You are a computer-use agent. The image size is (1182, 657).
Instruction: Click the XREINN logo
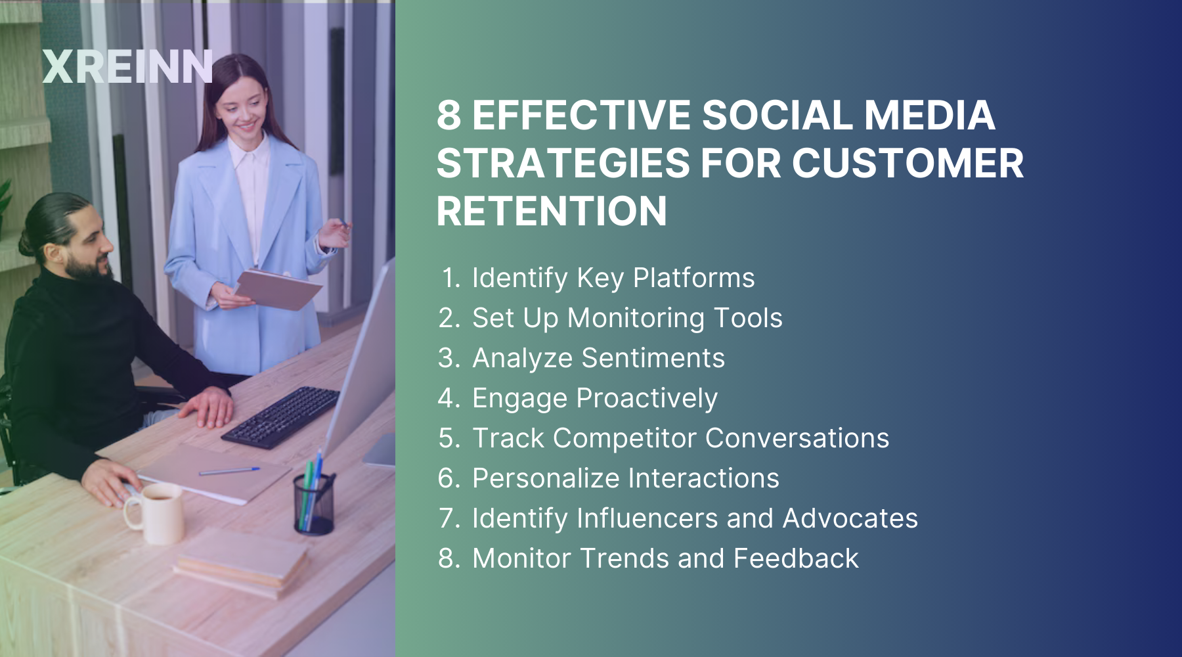[x=127, y=67]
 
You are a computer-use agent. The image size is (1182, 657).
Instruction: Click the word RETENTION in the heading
[x=552, y=212]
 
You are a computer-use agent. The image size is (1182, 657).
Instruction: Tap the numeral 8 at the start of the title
[x=449, y=116]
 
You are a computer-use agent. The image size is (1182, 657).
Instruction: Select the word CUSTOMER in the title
[x=908, y=164]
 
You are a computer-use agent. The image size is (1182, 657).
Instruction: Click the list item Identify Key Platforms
[x=613, y=278]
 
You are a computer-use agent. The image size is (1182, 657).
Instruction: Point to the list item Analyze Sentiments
[x=598, y=358]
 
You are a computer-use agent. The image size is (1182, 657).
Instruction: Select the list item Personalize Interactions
[x=625, y=478]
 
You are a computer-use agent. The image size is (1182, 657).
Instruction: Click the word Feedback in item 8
[x=796, y=558]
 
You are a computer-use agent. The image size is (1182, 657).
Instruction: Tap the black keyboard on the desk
[x=281, y=417]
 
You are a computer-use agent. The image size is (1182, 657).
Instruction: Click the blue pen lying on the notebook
[x=229, y=470]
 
